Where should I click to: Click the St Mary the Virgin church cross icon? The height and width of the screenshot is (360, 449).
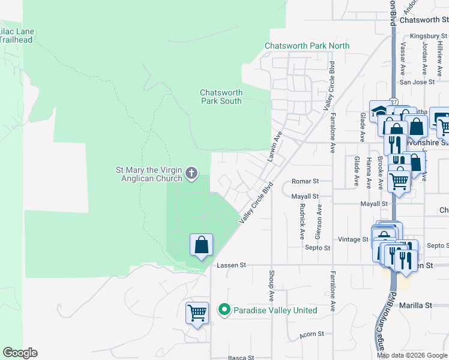pos(191,174)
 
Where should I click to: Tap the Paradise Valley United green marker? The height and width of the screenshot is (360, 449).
pos(224,310)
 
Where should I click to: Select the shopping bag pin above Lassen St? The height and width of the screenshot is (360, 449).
pos(201,245)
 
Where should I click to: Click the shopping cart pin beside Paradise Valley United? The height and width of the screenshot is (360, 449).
pos(197,313)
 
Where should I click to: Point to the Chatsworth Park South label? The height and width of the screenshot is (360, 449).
pos(221,97)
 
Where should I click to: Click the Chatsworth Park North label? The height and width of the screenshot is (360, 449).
pos(307,46)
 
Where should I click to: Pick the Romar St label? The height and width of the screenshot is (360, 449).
pos(304,181)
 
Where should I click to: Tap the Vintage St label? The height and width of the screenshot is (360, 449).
pos(353,239)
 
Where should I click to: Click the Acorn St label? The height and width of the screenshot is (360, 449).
pos(313,334)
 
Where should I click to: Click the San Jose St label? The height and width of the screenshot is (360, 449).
pos(413,82)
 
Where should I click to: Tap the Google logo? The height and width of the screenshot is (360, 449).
pos(20,353)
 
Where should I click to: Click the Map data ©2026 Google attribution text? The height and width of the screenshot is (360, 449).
pos(411,355)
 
